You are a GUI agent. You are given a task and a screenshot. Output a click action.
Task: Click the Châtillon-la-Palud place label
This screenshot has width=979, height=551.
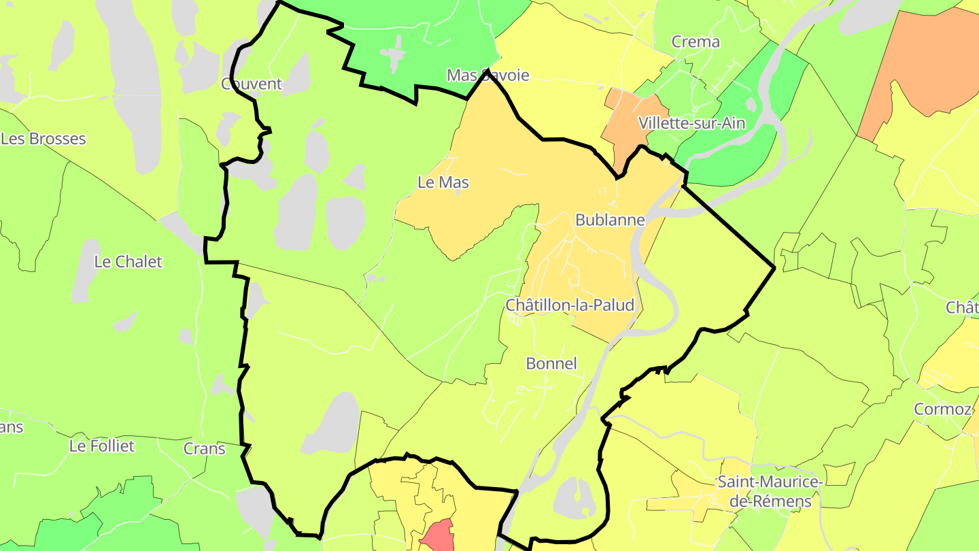pos(570,305)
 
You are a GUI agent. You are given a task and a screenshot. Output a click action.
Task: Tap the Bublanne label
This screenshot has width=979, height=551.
pos(610,220)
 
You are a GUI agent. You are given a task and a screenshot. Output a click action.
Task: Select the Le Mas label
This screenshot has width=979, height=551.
pos(443,182)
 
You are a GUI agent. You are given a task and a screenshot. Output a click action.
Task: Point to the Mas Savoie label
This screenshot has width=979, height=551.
pos(487,75)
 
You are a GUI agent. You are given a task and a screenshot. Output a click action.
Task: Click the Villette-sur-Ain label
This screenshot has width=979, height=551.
pos(692,123)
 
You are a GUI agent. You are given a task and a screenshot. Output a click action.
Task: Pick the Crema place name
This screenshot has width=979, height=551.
pos(695,41)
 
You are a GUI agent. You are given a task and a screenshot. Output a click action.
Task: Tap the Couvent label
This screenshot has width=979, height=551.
pos(252,84)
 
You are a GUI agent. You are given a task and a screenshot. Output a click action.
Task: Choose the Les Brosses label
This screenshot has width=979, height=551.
pos(44,139)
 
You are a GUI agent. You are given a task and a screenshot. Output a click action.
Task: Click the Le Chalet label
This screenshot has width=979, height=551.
pos(128,262)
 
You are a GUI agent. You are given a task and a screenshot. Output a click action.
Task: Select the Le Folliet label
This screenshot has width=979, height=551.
pos(102,446)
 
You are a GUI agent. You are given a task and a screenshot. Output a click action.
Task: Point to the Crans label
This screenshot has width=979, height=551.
pos(205,449)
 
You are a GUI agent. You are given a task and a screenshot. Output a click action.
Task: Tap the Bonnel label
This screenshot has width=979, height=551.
pos(551,363)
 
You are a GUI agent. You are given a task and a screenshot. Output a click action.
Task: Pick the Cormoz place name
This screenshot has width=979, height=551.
pos(942,409)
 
